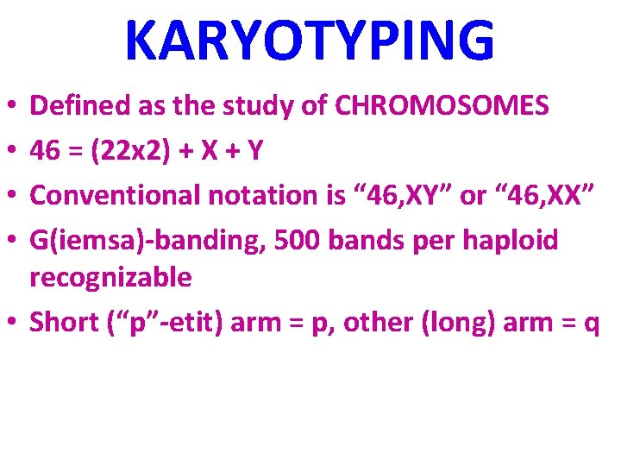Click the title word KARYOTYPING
coord(310,41)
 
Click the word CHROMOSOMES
coord(442,106)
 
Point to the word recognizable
coord(110,277)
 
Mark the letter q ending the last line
coord(591,324)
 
